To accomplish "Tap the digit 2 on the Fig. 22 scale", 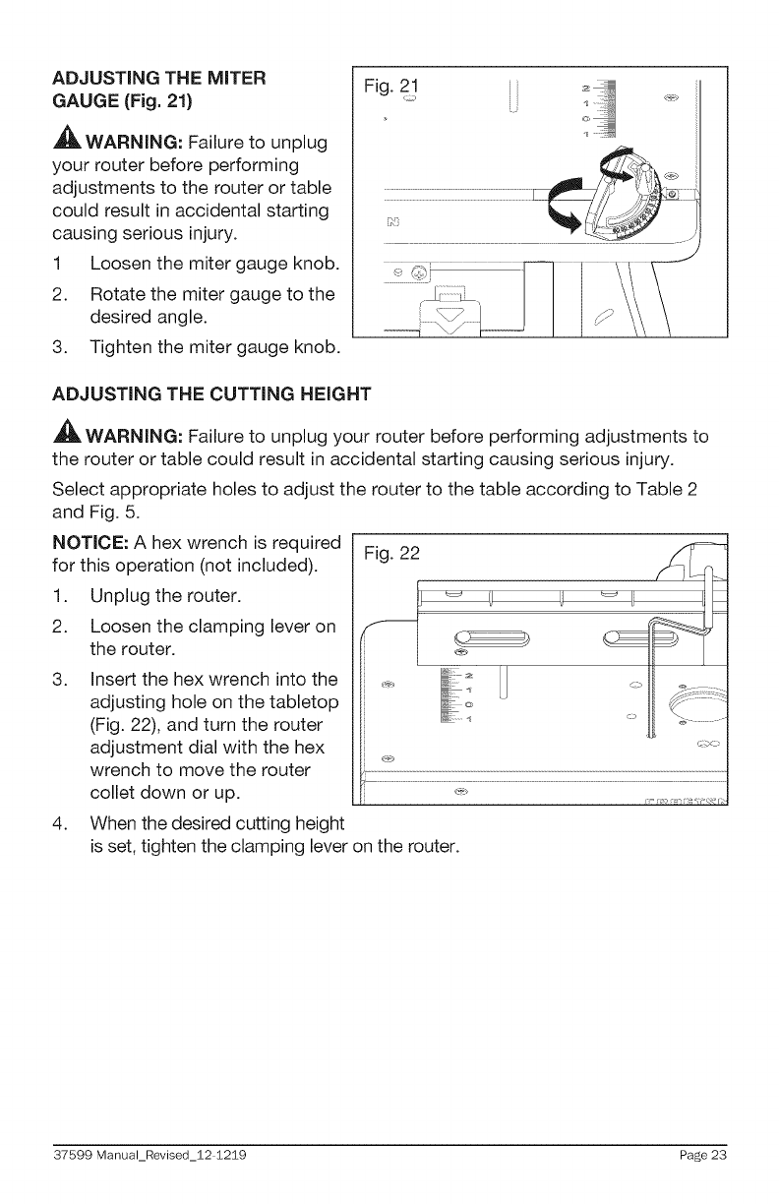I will tap(468, 675).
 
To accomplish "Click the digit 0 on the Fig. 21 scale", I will tap(586, 116).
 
